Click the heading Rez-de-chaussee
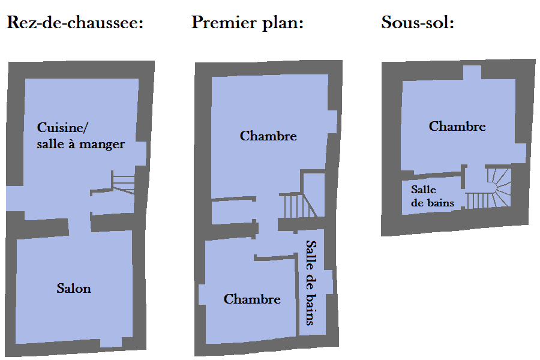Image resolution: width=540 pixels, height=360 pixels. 75,23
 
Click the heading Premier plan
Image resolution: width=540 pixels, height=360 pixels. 247,23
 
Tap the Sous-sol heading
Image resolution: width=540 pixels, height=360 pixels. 418,22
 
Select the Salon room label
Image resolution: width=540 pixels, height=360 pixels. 74,289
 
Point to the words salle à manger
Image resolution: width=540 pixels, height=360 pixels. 80,144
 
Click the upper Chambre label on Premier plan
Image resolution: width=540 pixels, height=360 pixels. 268,136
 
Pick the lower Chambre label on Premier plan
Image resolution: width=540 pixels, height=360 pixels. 252,299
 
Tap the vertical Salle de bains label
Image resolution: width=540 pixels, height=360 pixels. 311,283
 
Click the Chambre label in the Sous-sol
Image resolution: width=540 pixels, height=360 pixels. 457,126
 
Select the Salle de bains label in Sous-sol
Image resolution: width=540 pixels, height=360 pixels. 433,196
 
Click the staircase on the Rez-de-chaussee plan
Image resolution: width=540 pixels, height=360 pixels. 123,182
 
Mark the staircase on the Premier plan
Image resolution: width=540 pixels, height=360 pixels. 298,205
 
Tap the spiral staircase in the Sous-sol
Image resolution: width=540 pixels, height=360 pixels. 489,188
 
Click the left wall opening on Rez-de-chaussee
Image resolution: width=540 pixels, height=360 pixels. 14,199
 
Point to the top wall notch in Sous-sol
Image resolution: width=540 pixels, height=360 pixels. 472,73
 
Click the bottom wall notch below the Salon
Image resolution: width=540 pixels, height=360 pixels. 111,343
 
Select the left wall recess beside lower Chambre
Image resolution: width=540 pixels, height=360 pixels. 202,295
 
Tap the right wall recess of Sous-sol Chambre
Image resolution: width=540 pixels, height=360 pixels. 521,153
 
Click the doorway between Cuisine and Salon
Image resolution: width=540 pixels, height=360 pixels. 80,226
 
